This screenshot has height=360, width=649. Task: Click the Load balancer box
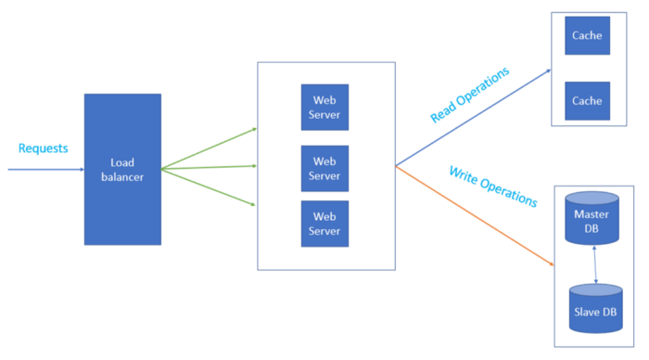pos(122,169)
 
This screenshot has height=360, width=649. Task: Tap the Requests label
pos(43,148)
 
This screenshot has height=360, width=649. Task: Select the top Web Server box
pos(324,108)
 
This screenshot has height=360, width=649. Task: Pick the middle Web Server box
pos(324,168)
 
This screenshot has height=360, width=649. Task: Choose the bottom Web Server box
pos(324,224)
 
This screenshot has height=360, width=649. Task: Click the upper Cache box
pos(587,36)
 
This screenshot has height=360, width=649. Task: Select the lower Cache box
pos(587,100)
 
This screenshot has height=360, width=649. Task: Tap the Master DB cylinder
pos(592,222)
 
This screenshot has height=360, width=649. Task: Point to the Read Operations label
pos(470,95)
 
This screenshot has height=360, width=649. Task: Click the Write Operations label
pos(492,186)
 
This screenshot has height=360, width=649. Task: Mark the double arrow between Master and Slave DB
pos(594,264)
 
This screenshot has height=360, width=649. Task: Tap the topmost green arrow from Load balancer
pos(210,148)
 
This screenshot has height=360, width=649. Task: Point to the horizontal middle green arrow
pos(210,168)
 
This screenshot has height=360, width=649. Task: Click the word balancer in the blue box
pos(122,176)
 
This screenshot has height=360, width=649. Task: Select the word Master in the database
pos(592,215)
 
